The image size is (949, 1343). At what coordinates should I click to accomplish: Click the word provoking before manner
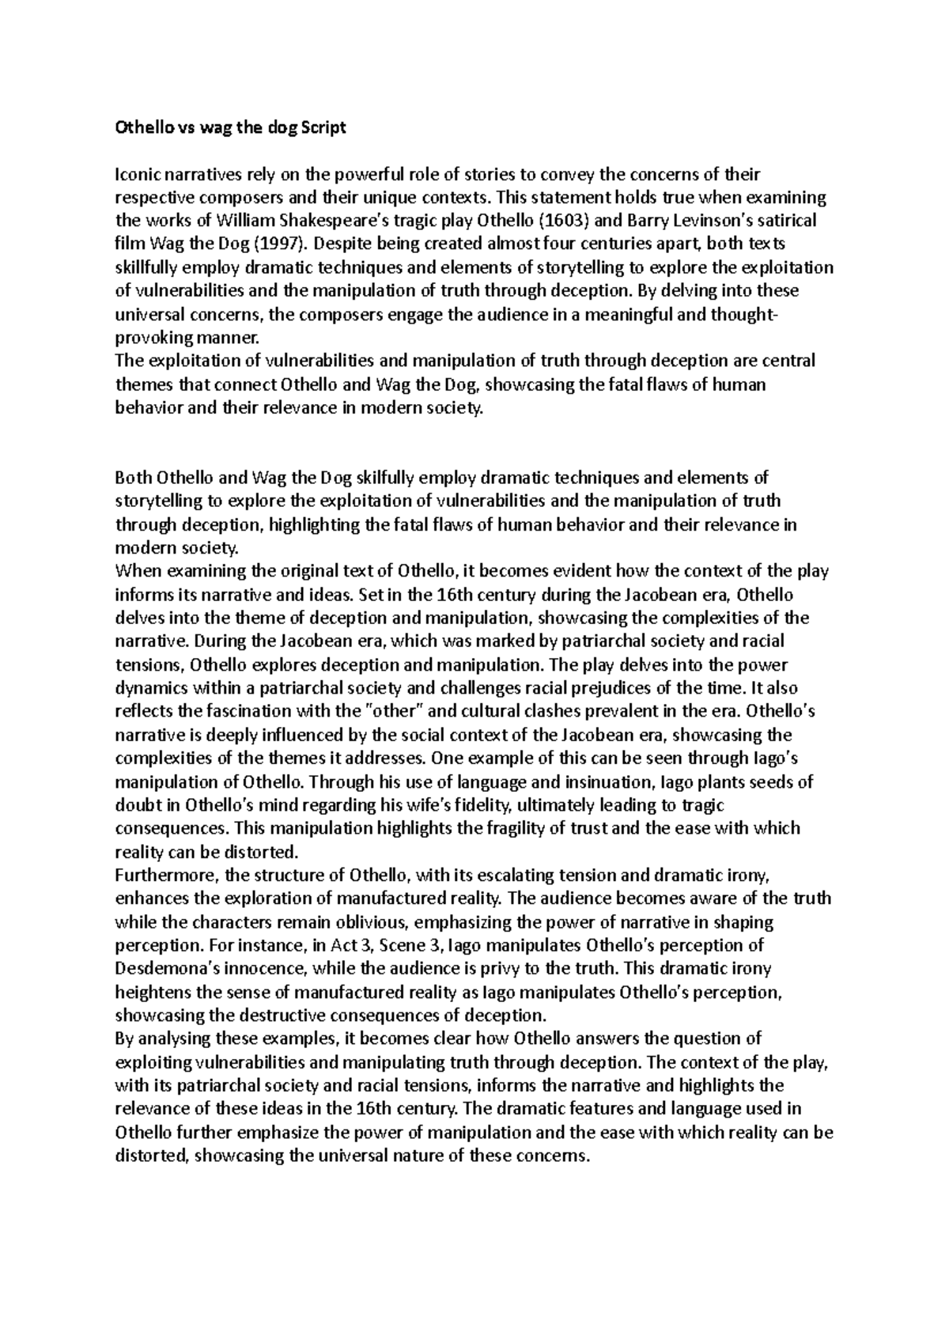click(152, 338)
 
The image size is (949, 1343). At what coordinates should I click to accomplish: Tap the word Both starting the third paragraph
click(133, 478)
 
